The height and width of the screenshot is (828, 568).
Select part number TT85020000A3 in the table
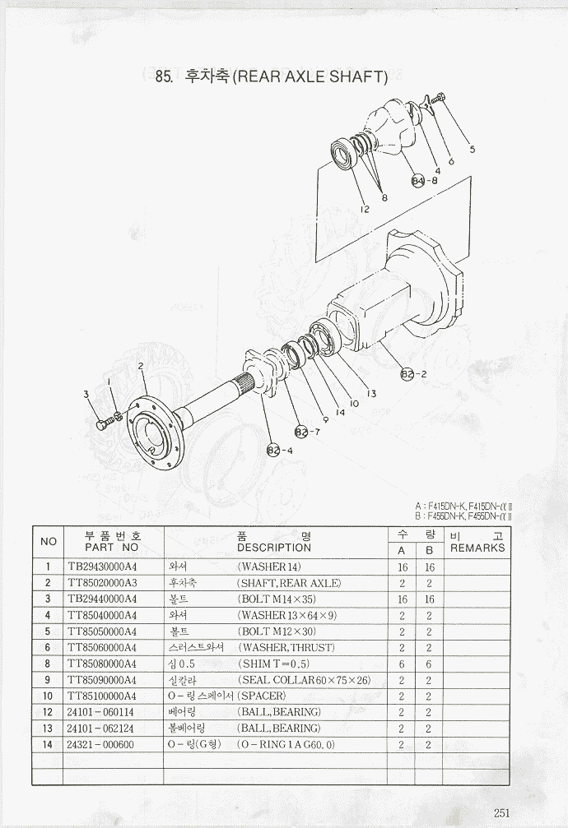(x=102, y=583)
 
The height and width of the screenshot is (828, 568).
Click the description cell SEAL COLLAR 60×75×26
(x=304, y=680)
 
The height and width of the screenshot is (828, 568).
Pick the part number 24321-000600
(x=100, y=745)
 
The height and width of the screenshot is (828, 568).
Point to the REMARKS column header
(x=477, y=548)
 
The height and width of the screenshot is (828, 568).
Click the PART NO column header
(x=112, y=547)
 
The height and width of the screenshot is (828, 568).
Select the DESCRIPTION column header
(x=274, y=548)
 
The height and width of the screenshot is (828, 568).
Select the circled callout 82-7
(x=301, y=432)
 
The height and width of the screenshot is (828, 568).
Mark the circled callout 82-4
(x=273, y=451)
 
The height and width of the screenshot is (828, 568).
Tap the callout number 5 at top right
(x=472, y=149)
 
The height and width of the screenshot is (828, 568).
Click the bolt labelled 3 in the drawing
(x=102, y=425)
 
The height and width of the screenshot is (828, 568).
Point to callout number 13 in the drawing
(x=371, y=394)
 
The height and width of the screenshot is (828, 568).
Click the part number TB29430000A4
(x=102, y=567)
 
